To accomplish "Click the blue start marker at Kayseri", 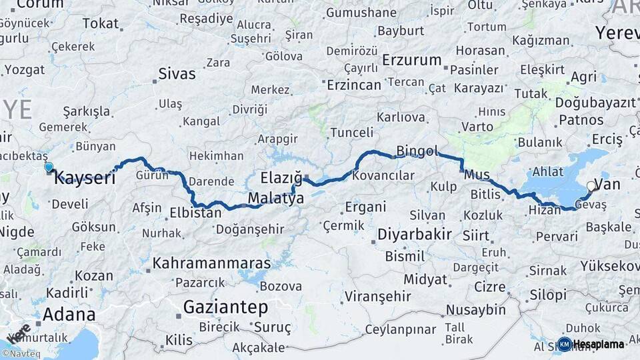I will tap(49, 167).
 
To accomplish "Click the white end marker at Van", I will tap(591, 187).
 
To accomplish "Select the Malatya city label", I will tap(276, 199).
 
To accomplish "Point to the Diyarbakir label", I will tap(415, 235).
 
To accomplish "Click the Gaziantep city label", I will tap(225, 307).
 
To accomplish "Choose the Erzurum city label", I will tap(412, 60).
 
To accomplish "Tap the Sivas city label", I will tap(177, 73).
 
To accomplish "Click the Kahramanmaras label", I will tap(212, 263).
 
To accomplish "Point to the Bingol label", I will tap(417, 150).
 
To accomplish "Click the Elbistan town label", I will tap(195, 214).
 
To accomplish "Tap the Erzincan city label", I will tap(353, 85).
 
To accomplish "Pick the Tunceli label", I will tap(352, 133).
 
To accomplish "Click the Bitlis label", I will tap(485, 195).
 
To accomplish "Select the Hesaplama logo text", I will tap(599, 344).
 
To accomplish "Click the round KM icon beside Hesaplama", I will tap(565, 344).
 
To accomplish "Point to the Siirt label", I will tap(475, 236).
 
